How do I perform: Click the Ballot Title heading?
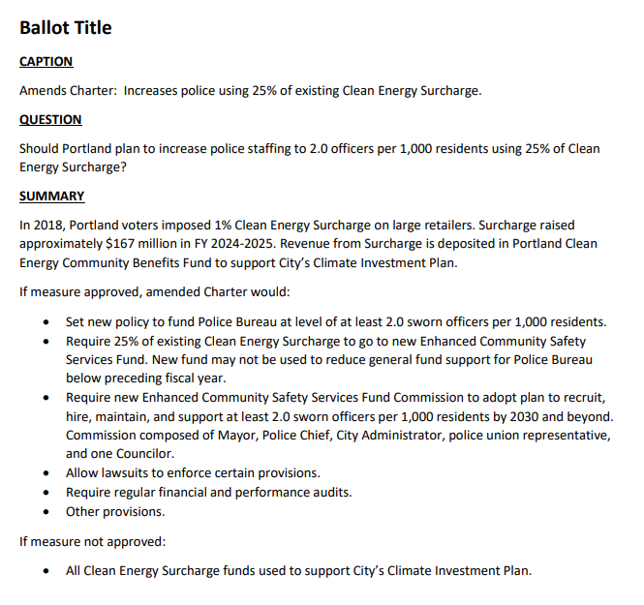(x=66, y=28)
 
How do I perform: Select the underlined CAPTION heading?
(x=46, y=62)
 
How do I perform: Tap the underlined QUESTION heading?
(x=50, y=120)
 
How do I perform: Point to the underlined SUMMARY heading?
(x=51, y=197)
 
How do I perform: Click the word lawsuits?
(x=125, y=473)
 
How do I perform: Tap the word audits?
(x=330, y=492)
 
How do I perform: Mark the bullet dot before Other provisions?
(x=48, y=511)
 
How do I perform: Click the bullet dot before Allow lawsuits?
(x=48, y=473)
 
